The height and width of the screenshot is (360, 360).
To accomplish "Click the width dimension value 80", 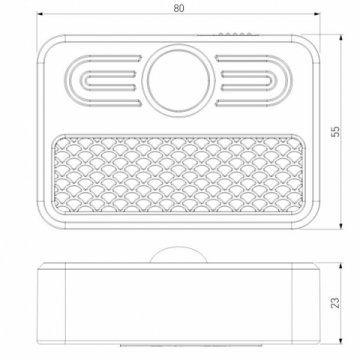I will (178, 8).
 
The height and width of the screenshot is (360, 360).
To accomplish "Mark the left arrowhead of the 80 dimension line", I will (39, 16).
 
